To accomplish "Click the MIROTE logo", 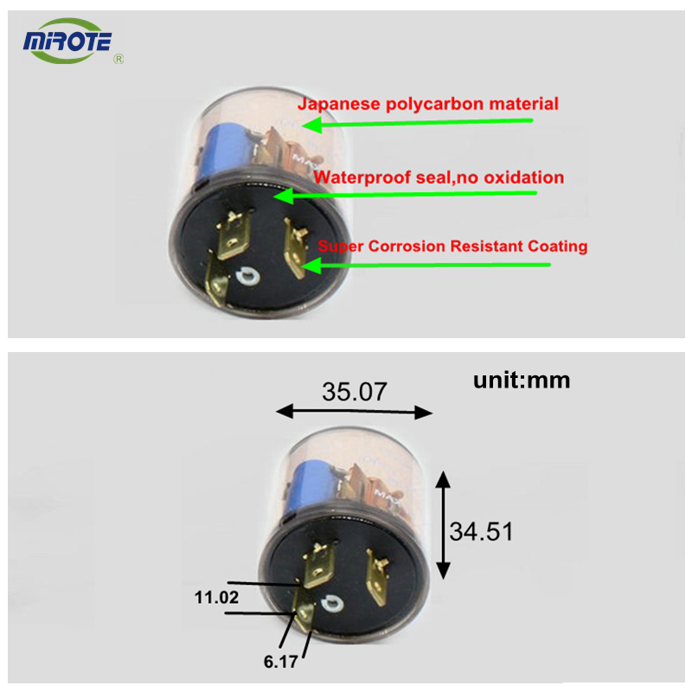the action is click(x=67, y=41).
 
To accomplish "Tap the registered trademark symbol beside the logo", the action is click(x=119, y=59).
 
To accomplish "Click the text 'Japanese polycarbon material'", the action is click(x=427, y=104).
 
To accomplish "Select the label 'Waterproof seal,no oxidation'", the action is click(x=439, y=177).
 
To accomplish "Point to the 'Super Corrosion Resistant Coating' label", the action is click(x=452, y=247).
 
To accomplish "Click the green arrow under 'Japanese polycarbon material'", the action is click(x=418, y=123).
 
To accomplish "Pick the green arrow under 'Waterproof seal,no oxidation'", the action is click(x=405, y=195).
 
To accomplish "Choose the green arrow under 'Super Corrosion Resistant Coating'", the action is click(x=426, y=266).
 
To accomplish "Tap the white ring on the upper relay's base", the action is click(x=247, y=277).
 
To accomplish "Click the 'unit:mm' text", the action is click(x=522, y=381).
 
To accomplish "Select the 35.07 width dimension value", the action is click(x=355, y=392).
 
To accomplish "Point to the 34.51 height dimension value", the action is click(x=481, y=531).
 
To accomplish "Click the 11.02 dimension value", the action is click(x=216, y=598).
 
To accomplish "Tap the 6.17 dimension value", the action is click(x=280, y=662).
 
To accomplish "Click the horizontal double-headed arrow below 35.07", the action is click(x=354, y=412).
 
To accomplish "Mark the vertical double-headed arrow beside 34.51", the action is click(x=443, y=525).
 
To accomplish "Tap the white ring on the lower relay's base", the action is click(x=332, y=603).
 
